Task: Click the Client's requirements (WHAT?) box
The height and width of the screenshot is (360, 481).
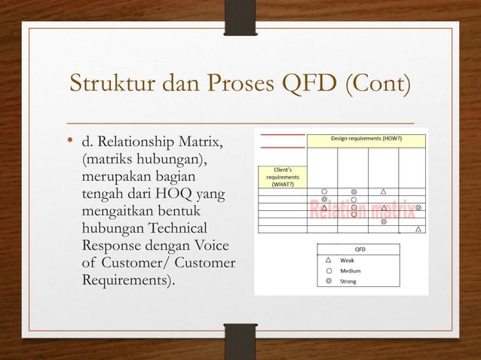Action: coord(281,175)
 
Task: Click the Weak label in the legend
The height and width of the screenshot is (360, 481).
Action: coord(348,258)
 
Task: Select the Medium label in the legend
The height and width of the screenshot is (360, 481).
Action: coord(351,270)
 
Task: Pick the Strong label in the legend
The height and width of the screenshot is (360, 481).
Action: coord(349,281)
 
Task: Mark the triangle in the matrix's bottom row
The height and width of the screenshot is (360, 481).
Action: coord(418,230)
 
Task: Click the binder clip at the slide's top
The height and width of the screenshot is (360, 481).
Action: coord(240,20)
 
